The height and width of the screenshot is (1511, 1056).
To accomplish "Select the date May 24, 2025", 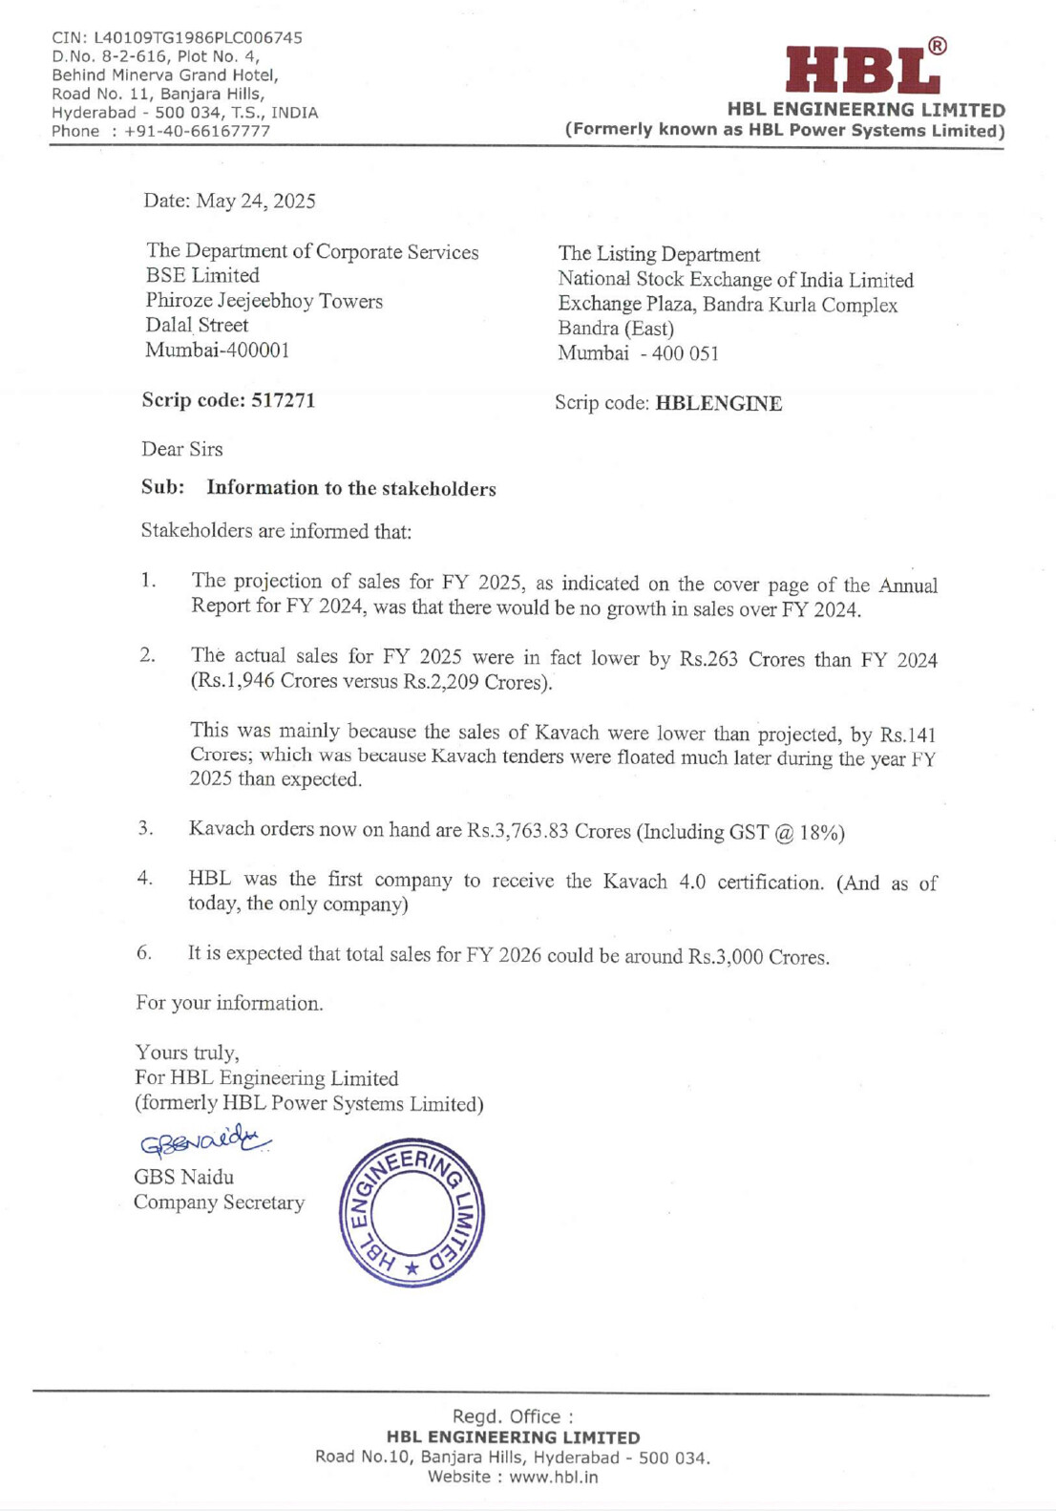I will click(x=256, y=201).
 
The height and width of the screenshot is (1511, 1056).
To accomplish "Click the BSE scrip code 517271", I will click(x=283, y=400).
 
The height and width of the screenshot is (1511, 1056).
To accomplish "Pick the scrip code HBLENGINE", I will click(x=719, y=404).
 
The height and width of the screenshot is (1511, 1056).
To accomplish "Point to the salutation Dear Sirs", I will click(x=182, y=449).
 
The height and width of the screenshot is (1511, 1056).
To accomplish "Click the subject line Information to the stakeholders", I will click(x=351, y=488).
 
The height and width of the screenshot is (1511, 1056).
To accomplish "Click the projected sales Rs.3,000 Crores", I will click(x=757, y=957).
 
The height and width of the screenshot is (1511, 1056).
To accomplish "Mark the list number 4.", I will click(x=144, y=878).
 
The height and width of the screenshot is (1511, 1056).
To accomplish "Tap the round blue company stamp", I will click(x=412, y=1213).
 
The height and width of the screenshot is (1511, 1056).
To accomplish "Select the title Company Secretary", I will click(x=219, y=1202).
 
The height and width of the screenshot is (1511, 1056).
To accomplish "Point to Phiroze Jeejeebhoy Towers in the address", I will click(x=264, y=301).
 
